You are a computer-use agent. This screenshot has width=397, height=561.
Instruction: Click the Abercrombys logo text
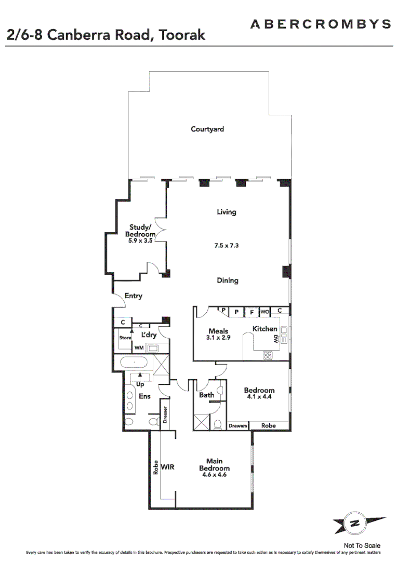(x=321, y=24)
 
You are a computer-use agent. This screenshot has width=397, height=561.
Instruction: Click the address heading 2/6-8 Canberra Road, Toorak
(x=106, y=35)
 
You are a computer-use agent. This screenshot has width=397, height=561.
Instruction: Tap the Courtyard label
(x=207, y=129)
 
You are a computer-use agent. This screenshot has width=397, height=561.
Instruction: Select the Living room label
(x=227, y=212)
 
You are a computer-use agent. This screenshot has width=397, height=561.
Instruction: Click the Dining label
(x=227, y=280)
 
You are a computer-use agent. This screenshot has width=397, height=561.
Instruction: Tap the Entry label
(x=133, y=296)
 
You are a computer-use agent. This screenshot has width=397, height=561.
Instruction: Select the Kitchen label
(x=264, y=329)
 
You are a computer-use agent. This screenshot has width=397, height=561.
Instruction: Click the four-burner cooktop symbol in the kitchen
(x=268, y=355)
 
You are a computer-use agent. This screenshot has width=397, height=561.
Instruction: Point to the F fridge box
(x=252, y=313)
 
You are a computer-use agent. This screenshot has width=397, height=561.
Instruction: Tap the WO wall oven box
(x=264, y=312)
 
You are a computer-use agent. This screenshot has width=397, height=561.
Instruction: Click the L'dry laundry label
(x=149, y=335)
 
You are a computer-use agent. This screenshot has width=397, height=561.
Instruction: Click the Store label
(x=125, y=338)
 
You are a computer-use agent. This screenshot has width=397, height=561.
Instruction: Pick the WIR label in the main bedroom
(x=167, y=467)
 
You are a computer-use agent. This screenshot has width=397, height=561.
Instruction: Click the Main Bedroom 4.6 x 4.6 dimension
(x=215, y=474)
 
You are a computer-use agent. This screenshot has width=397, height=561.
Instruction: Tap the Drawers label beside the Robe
(x=238, y=426)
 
